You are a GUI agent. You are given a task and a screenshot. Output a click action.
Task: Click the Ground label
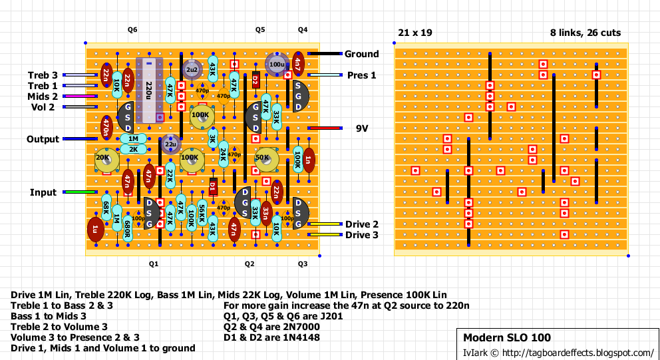pyautogui.click(x=361, y=54)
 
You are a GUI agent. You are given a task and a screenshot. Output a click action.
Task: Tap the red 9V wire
pyautogui.click(x=323, y=128)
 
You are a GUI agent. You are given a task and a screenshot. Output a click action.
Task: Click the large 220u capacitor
pyautogui.click(x=149, y=90)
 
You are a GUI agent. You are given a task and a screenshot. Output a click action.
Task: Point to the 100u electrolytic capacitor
pyautogui.click(x=276, y=64)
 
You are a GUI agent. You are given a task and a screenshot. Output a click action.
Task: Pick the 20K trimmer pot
pyautogui.click(x=106, y=159)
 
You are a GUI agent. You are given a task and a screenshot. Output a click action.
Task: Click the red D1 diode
pyautogui.click(x=213, y=186)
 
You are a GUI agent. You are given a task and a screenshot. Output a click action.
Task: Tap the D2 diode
pyautogui.click(x=255, y=81)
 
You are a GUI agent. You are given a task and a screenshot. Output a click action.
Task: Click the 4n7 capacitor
pyautogui.click(x=297, y=64)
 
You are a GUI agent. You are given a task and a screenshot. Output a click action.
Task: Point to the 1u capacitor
pyautogui.click(x=95, y=230)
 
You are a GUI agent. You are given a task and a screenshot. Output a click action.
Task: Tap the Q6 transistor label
pyautogui.click(x=132, y=30)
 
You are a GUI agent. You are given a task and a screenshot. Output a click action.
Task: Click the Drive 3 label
pyautogui.click(x=361, y=235)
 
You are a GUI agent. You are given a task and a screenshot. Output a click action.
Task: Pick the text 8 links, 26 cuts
pyautogui.click(x=585, y=33)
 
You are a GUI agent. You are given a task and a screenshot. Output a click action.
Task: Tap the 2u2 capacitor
pyautogui.click(x=192, y=70)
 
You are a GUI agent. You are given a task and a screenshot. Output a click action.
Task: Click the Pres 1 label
pyautogui.click(x=361, y=75)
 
